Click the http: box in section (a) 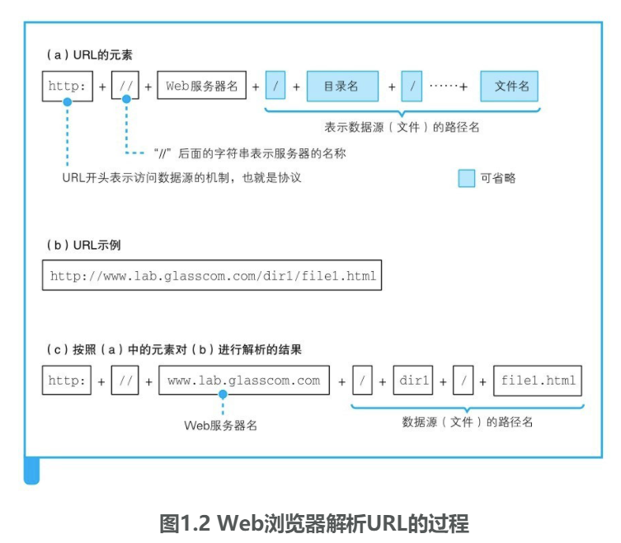click(x=67, y=85)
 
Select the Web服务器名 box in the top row click(x=202, y=85)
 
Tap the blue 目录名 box click(x=342, y=85)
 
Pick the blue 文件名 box click(x=510, y=85)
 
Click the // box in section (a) click(x=126, y=85)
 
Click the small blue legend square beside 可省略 click(x=467, y=178)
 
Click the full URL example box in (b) click(x=212, y=276)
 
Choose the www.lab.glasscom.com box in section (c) click(x=243, y=381)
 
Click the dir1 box click(x=413, y=381)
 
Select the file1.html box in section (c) click(x=538, y=381)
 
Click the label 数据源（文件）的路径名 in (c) click(x=467, y=421)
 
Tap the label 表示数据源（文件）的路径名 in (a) click(x=402, y=127)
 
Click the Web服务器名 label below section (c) click(x=220, y=425)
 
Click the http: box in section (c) click(x=67, y=381)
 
